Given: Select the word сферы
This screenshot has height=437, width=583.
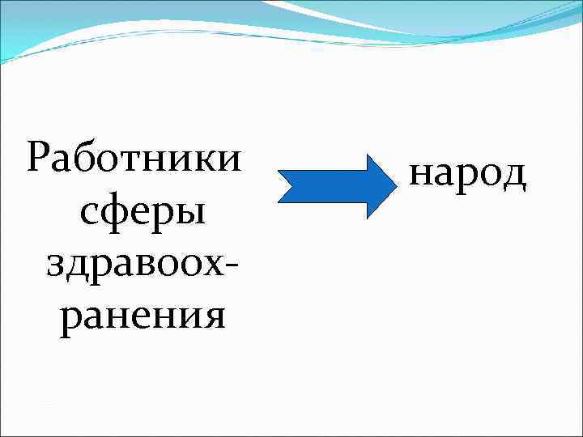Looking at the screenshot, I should pyautogui.click(x=143, y=212).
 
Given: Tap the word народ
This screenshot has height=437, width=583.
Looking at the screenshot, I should pyautogui.click(x=468, y=173).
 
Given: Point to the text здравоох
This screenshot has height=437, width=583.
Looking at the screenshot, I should pyautogui.click(x=134, y=265).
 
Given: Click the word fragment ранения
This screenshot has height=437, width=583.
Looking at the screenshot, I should pyautogui.click(x=143, y=315).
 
